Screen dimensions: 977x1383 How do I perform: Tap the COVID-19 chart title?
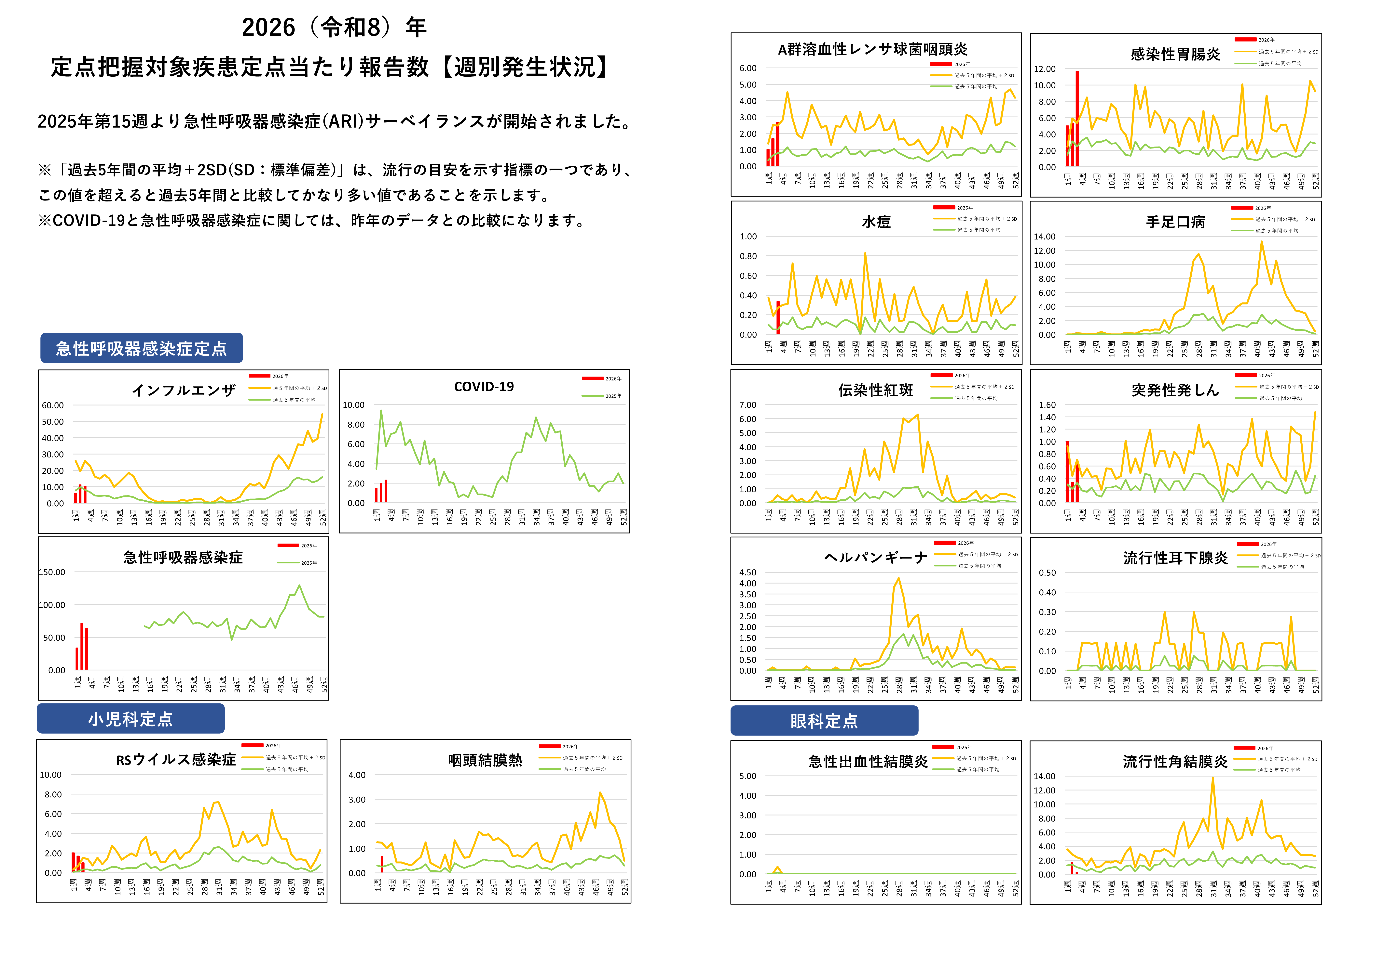[x=484, y=386]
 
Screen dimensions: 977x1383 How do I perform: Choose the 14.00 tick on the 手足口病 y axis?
[x=1045, y=237]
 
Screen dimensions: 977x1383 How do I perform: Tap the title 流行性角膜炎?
[x=1175, y=762]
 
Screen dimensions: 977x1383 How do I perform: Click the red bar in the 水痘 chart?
[x=778, y=317]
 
